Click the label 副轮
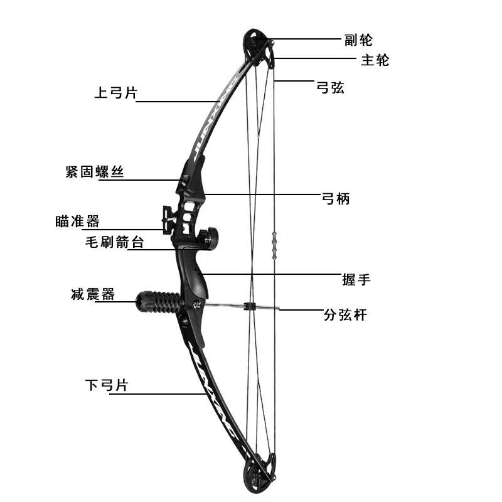[x=358, y=40]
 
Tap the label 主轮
[x=375, y=60]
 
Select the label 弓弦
[x=330, y=87]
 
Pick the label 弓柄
[x=335, y=199]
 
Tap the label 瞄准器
[x=77, y=221]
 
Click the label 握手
[x=356, y=279]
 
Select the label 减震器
[x=93, y=294]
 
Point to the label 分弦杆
[x=344, y=316]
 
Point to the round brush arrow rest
[x=206, y=238]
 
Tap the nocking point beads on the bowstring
[x=274, y=245]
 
